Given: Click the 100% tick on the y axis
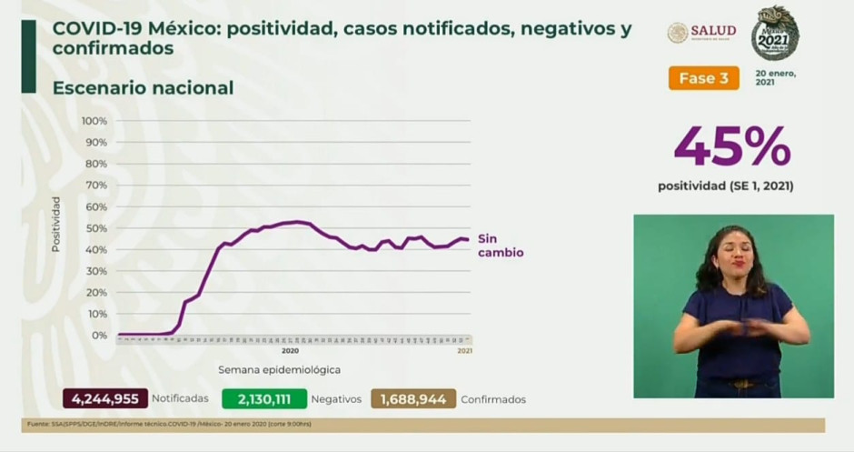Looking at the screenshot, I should (x=94, y=121).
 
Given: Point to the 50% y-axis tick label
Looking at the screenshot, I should (x=96, y=228).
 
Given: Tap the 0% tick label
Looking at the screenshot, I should (x=100, y=336).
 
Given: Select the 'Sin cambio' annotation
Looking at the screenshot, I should (x=501, y=246).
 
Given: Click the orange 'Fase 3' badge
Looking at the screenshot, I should (x=703, y=78).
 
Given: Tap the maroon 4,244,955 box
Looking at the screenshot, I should (x=104, y=398).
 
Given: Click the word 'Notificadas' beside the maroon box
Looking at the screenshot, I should (x=180, y=399).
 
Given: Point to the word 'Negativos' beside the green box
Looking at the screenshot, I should (x=336, y=399).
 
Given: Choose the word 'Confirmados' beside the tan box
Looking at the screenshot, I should (x=493, y=399).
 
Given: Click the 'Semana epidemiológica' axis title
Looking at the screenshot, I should (x=279, y=370).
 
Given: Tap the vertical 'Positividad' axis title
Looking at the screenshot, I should (x=56, y=224).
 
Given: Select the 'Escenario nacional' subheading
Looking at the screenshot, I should (x=143, y=88).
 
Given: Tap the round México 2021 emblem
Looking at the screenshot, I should (x=775, y=33).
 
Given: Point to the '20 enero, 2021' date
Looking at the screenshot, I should (x=775, y=77).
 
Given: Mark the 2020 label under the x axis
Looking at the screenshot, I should (x=290, y=350).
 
